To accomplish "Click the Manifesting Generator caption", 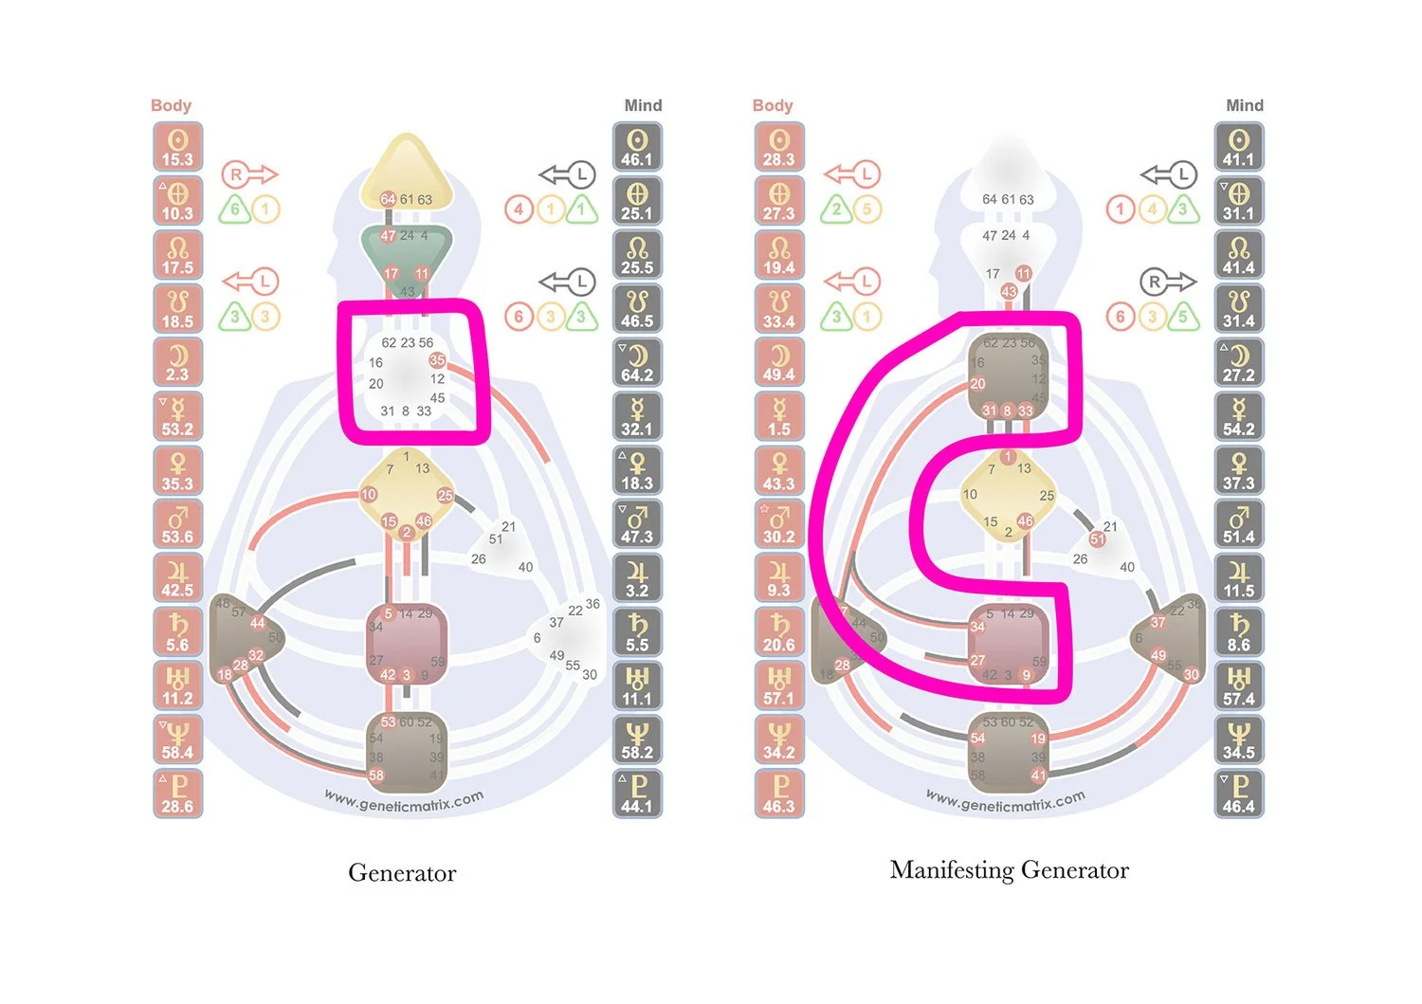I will [1009, 870].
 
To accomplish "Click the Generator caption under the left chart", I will [402, 873].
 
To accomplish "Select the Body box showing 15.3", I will [177, 147].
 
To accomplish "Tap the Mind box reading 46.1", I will [637, 147].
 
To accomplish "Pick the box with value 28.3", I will [779, 147].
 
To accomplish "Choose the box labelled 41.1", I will [1238, 147].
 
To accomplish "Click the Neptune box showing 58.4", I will [177, 740].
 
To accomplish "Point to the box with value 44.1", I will [637, 794].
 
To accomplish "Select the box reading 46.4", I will [1238, 794].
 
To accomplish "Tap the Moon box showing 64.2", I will [637, 363].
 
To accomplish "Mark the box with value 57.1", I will [779, 686].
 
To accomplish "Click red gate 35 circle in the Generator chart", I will [437, 360].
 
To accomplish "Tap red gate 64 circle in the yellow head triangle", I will [388, 200].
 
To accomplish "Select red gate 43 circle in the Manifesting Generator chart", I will [1009, 292].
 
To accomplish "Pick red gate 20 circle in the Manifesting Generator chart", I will [977, 384].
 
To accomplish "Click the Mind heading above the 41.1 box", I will [1244, 105].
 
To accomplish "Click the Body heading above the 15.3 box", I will [171, 105].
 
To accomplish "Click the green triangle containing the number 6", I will [234, 210].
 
